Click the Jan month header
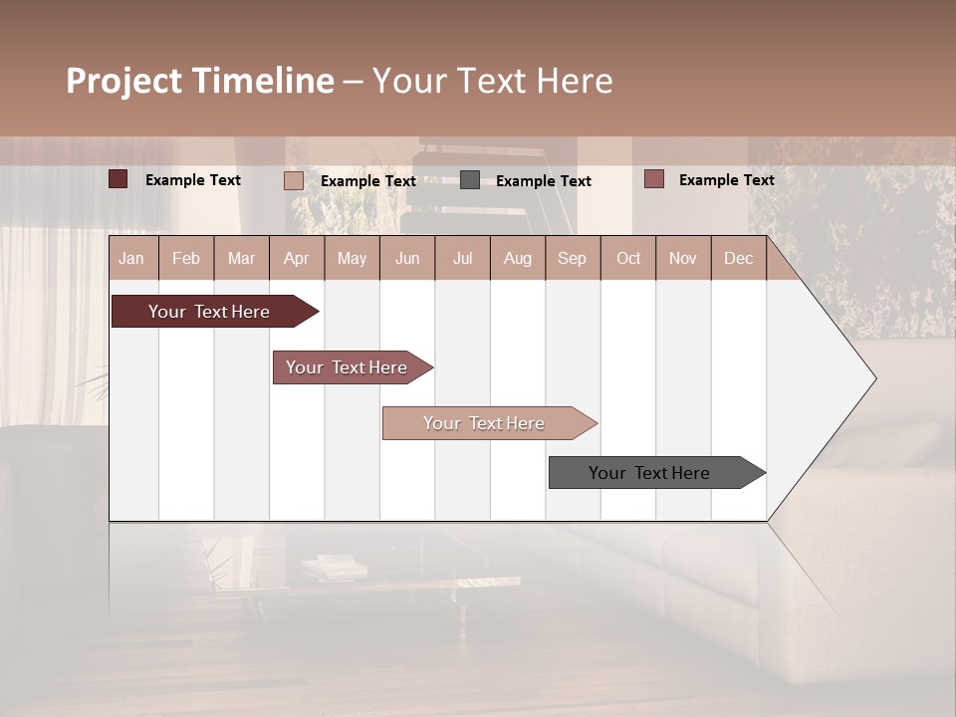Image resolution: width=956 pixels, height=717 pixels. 131,258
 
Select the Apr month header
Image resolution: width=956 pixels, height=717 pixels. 296,258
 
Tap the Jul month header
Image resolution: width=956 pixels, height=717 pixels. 462,258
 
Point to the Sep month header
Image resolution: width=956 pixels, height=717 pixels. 572,258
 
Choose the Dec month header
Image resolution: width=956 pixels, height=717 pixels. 738,258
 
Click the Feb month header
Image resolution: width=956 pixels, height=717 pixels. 186,258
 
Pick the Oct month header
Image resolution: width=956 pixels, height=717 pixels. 628,258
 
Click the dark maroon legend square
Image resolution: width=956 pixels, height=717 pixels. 118,179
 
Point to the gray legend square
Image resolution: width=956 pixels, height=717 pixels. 470,180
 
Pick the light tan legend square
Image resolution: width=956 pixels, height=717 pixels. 293,180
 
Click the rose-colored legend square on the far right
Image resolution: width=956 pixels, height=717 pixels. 653,179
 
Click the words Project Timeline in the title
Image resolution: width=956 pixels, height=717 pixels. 199,81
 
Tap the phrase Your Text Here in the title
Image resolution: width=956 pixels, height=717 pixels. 492,81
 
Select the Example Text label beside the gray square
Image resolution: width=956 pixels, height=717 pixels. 543,181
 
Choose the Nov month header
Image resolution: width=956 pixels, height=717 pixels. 683,258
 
